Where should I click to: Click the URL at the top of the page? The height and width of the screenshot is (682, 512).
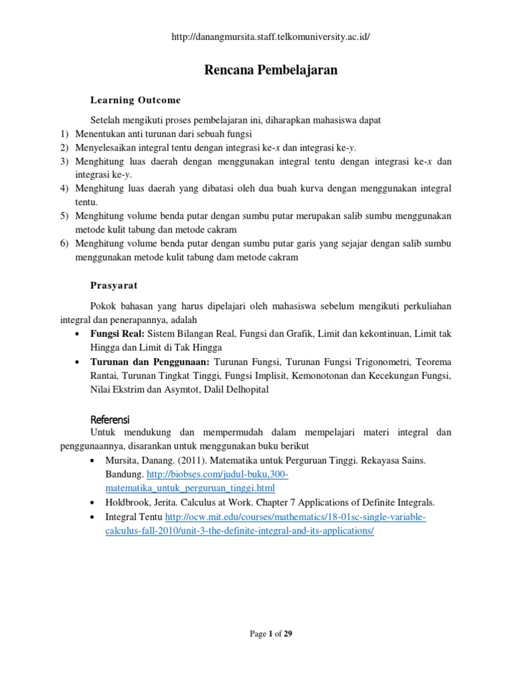[x=270, y=37]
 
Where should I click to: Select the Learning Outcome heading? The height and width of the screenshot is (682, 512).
[x=135, y=100]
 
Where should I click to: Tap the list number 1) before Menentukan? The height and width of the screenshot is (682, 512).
[x=64, y=133]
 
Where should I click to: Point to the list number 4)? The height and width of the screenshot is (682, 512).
[x=64, y=189]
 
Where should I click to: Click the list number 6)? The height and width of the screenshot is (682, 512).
[x=64, y=244]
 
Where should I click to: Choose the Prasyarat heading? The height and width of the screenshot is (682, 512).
[x=114, y=285]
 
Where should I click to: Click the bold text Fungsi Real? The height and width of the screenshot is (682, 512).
[x=117, y=333]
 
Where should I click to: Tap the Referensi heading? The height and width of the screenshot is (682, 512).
[x=110, y=420]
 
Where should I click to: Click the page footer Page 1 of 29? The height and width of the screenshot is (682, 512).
[x=271, y=634]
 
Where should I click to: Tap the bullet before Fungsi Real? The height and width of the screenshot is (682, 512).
[x=80, y=333]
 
